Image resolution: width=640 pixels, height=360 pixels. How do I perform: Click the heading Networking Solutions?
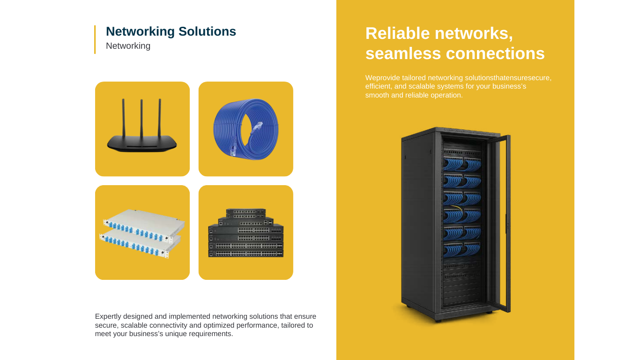click(171, 31)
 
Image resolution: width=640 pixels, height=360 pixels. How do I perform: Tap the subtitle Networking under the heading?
click(128, 46)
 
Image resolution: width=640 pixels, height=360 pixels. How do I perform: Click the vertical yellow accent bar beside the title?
click(95, 39)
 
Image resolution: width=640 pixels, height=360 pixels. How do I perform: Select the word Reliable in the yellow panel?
click(397, 33)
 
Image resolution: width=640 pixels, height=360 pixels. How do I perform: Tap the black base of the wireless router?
click(142, 143)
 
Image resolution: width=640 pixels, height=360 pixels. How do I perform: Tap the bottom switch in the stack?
click(246, 253)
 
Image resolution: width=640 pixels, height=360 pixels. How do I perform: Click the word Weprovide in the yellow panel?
click(382, 78)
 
